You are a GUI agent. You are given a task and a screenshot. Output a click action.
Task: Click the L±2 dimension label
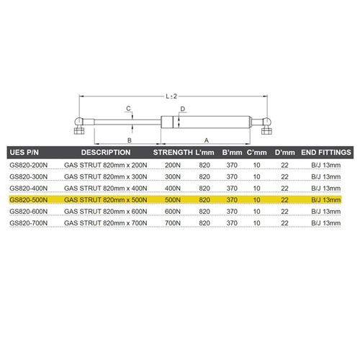[171, 96]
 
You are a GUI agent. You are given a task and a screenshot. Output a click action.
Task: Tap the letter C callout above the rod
[128, 109]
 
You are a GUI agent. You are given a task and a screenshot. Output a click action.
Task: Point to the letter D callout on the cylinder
[183, 109]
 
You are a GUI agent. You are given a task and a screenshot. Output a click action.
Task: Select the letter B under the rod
[130, 140]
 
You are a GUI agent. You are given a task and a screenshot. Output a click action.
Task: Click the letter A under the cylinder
[207, 140]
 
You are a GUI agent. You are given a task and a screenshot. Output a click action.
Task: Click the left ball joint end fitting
[79, 125]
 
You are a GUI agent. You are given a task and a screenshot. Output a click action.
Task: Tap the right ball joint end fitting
[266, 125]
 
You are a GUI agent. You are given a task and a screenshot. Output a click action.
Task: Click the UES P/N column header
[24, 153]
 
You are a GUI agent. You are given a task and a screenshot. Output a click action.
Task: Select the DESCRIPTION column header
[106, 153]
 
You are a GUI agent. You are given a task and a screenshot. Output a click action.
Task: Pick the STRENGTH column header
[173, 153]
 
